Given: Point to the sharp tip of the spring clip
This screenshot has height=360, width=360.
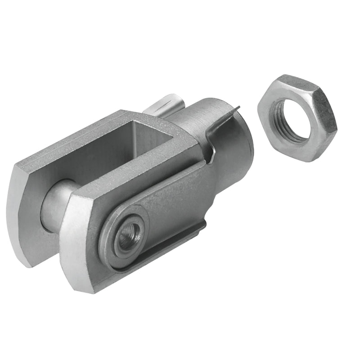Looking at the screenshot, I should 239,108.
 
